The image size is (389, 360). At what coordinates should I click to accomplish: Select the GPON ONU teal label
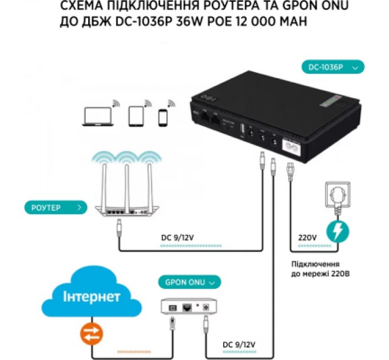(188, 282)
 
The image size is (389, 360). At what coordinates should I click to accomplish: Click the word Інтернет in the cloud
(92, 297)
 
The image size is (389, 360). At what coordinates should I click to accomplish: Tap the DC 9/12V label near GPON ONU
(238, 345)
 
